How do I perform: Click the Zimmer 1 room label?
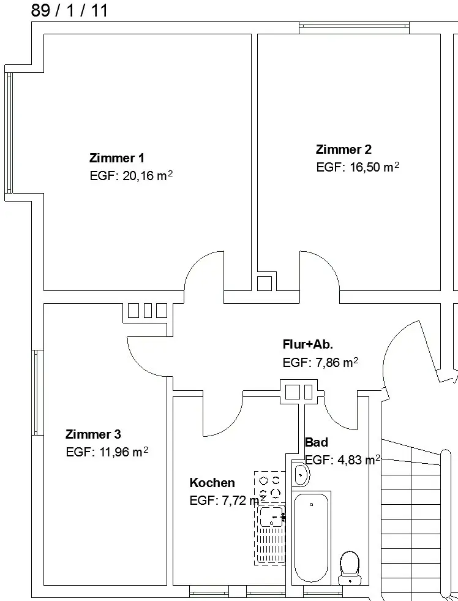[117, 158]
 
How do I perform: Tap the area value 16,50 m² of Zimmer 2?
[374, 167]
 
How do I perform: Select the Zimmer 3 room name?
[93, 434]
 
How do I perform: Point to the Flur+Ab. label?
[308, 344]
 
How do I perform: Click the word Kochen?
[212, 483]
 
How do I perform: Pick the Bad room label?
[317, 442]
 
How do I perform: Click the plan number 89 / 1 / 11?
[69, 10]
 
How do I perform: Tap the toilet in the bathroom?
[350, 568]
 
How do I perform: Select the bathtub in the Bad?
[311, 538]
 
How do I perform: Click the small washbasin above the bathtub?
[301, 475]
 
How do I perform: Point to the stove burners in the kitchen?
[269, 486]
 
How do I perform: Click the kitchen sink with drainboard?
[271, 535]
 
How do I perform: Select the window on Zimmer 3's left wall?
[36, 393]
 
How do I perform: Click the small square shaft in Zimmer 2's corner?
[265, 284]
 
